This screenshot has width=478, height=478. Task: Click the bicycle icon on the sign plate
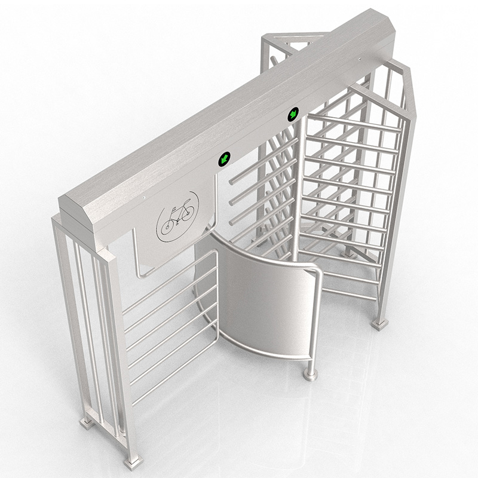177,216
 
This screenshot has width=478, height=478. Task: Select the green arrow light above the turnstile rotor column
293,113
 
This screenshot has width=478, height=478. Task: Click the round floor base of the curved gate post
310,375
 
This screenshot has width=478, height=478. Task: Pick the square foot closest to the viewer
131,461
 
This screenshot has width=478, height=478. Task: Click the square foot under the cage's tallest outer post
379,323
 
